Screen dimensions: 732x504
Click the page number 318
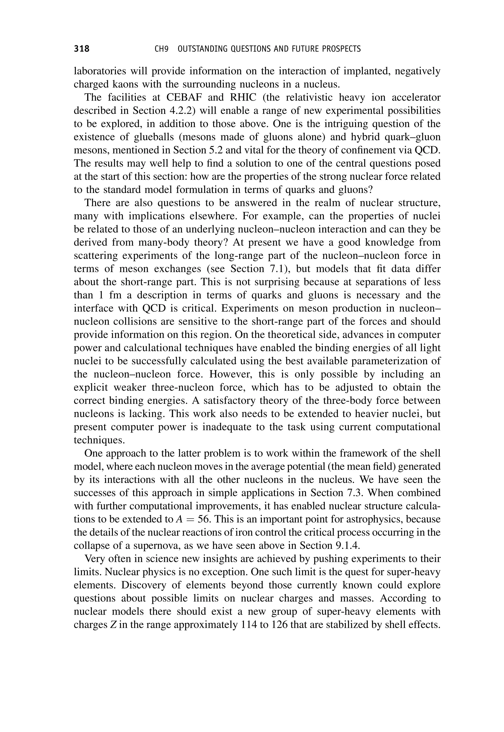click(81, 49)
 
